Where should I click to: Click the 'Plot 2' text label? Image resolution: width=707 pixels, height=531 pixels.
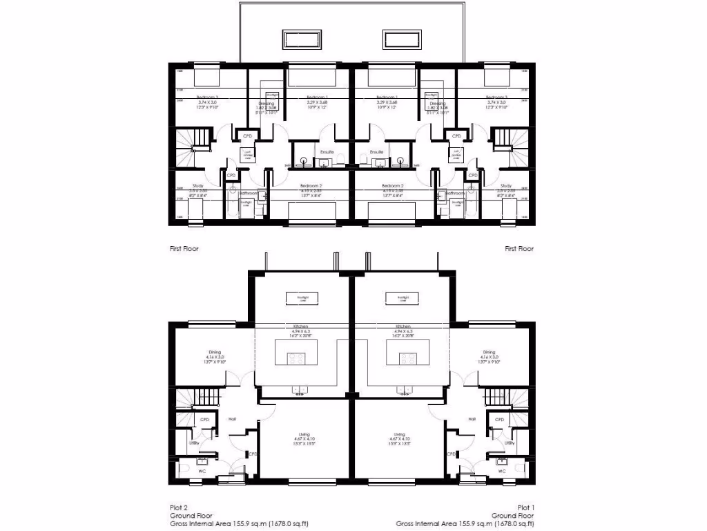coord(179,507)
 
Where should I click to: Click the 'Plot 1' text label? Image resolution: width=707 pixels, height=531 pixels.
coord(526,507)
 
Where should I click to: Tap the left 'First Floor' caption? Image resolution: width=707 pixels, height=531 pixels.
coord(184,248)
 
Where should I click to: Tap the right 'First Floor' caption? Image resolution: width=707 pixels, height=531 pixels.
coord(519,248)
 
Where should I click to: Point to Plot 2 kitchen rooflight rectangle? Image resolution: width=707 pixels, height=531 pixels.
coord(302,298)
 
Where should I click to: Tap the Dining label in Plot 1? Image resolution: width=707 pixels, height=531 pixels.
coord(489,352)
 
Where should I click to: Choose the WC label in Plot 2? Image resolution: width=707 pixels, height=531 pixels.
coord(203,471)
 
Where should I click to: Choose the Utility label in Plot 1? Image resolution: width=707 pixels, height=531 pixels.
coord(509,443)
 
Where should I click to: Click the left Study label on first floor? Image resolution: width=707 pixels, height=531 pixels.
coord(197,185)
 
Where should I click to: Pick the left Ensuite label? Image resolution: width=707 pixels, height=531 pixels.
coord(327,151)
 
